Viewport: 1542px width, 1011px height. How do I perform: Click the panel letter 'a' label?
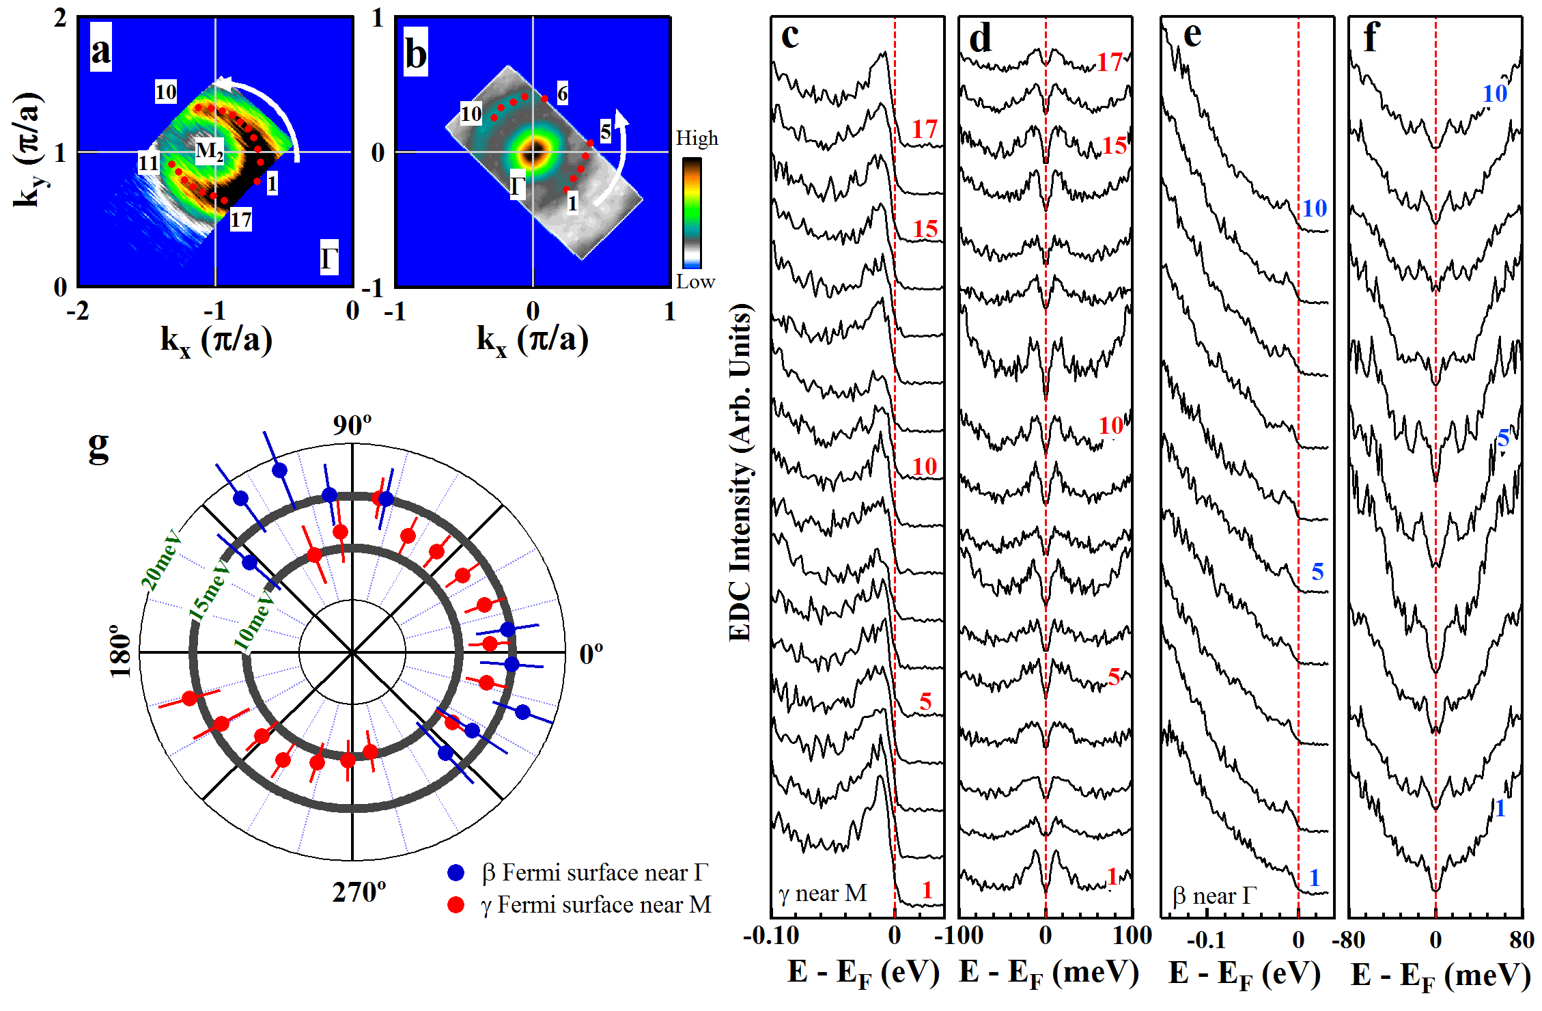[x=101, y=49]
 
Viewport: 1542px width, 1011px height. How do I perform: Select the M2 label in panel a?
[x=209, y=151]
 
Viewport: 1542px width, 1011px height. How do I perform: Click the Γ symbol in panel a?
[x=329, y=259]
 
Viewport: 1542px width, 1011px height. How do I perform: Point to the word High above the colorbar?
[x=697, y=139]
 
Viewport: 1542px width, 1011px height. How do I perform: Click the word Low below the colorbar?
[x=695, y=281]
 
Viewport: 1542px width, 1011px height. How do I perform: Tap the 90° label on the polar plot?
[x=352, y=425]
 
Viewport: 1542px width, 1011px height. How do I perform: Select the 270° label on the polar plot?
[x=359, y=892]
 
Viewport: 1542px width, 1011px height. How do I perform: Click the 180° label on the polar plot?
[x=121, y=654]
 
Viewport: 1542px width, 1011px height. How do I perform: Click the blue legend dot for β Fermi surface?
[x=455, y=872]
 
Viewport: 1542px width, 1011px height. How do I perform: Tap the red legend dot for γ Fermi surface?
[x=455, y=905]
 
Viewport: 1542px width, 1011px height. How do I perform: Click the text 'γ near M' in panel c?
[x=823, y=893]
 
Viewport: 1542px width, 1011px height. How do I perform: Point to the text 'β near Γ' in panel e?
[x=1214, y=896]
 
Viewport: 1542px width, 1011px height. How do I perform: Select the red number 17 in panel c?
[x=925, y=129]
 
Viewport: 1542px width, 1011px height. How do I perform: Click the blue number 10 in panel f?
[x=1494, y=94]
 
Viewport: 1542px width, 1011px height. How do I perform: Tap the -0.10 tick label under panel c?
[x=771, y=936]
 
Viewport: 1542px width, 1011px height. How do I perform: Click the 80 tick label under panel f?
[x=1522, y=940]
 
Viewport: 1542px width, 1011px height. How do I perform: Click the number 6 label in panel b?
[x=562, y=93]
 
